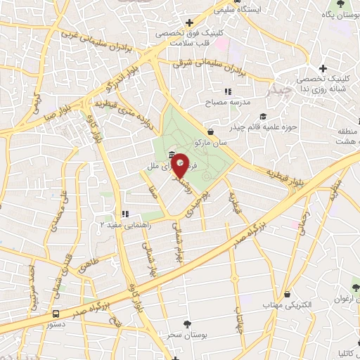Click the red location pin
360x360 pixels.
coord(180,165)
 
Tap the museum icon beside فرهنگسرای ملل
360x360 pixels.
coord(172,155)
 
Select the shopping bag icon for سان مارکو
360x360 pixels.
coord(212,131)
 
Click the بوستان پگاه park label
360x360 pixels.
coord(337,14)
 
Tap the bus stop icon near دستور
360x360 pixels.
coord(56,314)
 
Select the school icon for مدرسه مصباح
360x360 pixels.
coord(227,91)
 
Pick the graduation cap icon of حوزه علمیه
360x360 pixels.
coord(263,116)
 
